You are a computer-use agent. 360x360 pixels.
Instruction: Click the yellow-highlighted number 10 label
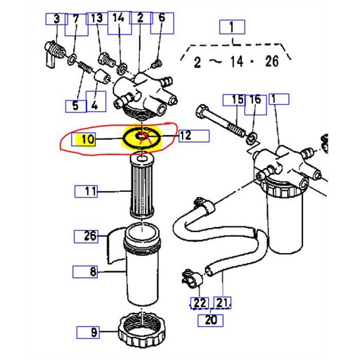pyautogui.click(x=87, y=139)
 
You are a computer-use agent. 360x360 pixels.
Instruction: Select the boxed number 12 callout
pyautogui.click(x=186, y=136)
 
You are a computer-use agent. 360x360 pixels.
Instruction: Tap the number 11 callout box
pyautogui.click(x=89, y=190)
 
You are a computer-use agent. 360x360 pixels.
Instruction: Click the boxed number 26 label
pyautogui.click(x=90, y=236)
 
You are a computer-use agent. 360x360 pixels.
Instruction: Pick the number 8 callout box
pyautogui.click(x=90, y=270)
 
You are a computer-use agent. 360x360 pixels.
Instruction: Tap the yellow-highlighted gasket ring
pyautogui.click(x=141, y=137)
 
